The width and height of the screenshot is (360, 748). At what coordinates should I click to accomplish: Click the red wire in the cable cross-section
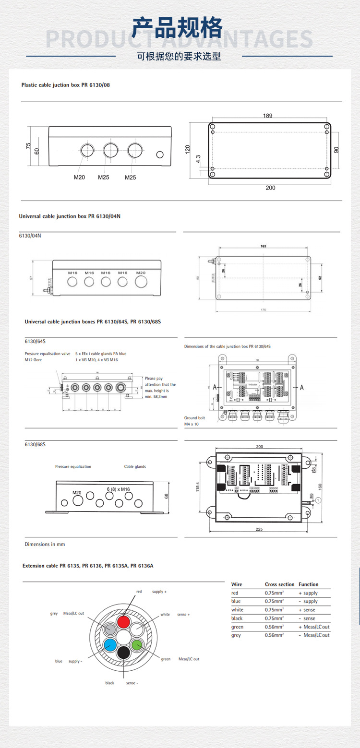124,622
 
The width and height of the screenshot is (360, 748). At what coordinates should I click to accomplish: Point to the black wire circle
124,652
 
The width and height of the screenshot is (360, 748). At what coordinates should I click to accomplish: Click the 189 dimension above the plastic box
268,116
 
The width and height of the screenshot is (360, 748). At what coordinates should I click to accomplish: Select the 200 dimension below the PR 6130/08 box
271,188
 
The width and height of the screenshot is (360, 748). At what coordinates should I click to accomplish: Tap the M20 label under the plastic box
79,178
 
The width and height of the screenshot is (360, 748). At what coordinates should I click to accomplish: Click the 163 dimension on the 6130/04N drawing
264,246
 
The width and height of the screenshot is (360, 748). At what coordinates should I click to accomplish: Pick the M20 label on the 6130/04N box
140,273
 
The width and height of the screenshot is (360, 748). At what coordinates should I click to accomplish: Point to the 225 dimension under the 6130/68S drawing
259,529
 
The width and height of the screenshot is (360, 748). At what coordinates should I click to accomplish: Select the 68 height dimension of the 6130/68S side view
167,497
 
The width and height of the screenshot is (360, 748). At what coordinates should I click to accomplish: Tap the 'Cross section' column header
279,584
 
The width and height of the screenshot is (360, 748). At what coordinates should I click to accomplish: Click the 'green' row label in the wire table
237,627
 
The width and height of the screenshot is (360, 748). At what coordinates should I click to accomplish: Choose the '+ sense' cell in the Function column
307,610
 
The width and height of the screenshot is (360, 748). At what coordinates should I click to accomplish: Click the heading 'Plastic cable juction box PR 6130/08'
66,85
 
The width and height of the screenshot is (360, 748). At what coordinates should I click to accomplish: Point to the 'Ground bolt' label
194,418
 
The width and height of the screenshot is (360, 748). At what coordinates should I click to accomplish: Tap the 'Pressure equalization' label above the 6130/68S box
73,466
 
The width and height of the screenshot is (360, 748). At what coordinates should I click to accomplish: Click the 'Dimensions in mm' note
45,544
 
